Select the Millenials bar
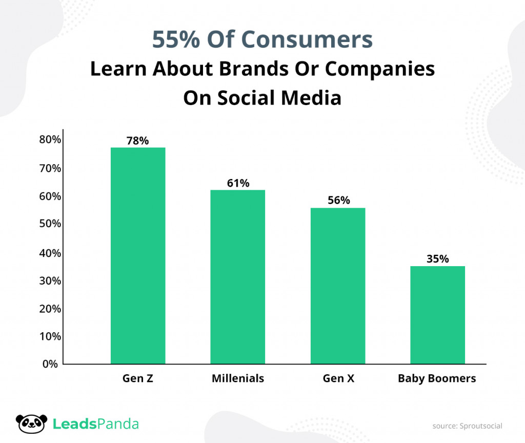(x=238, y=277)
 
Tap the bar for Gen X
(x=338, y=286)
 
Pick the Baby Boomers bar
(x=438, y=315)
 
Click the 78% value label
(x=138, y=140)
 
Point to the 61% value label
(x=238, y=183)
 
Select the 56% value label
(x=338, y=200)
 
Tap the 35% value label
(x=438, y=258)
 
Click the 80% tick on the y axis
(x=50, y=140)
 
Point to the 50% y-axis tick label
(x=50, y=224)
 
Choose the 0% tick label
(x=50, y=364)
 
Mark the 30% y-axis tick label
(x=50, y=280)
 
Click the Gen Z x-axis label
(x=138, y=378)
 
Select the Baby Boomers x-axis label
(x=437, y=378)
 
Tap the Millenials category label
(x=238, y=378)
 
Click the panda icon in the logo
(x=31, y=424)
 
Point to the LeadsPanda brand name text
(x=96, y=424)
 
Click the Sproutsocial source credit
(x=467, y=426)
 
